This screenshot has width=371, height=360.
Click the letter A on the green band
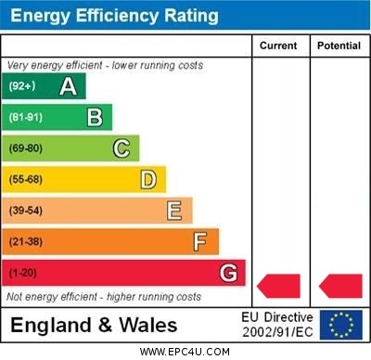click(x=68, y=86)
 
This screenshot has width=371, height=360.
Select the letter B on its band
click(x=95, y=117)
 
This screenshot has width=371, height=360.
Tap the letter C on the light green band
click(x=122, y=148)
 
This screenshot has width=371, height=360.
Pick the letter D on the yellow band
click(x=148, y=179)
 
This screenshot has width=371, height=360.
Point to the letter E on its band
click(x=174, y=211)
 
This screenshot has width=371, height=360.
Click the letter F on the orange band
click(x=200, y=242)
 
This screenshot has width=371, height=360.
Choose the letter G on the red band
click(x=228, y=273)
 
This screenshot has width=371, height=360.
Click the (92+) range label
click(x=21, y=86)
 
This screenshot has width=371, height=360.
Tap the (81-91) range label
click(x=25, y=118)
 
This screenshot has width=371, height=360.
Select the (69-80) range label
click(x=25, y=148)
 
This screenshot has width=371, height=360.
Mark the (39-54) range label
click(x=25, y=211)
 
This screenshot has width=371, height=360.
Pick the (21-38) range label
click(x=25, y=242)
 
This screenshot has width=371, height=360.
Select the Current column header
click(x=278, y=45)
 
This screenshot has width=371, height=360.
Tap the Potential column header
click(x=339, y=45)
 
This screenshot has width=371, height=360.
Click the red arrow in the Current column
click(x=279, y=285)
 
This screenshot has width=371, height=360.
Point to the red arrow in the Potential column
click(x=340, y=285)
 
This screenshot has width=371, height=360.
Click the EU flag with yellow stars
click(x=341, y=325)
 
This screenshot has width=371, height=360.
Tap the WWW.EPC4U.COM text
click(x=185, y=352)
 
